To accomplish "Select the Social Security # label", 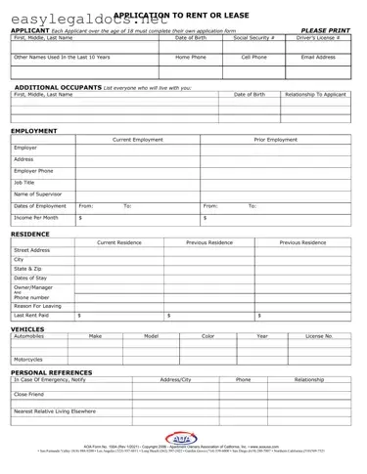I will [254, 37].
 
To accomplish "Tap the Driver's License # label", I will [319, 37].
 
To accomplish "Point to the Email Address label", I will [319, 58].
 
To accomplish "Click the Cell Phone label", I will [254, 58].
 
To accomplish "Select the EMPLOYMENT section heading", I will [34, 130].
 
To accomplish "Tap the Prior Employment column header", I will [275, 140].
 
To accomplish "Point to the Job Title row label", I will [24, 182].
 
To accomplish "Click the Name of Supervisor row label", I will [38, 194].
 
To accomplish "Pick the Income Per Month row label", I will [36, 217].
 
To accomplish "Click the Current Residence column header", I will [119, 241].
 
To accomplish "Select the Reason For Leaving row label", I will [38, 306].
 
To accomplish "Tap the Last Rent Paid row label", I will [32, 317].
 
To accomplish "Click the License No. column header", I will [319, 336].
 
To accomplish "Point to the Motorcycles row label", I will [29, 359].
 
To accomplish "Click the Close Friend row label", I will [29, 394].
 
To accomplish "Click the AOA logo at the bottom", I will [182, 438].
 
